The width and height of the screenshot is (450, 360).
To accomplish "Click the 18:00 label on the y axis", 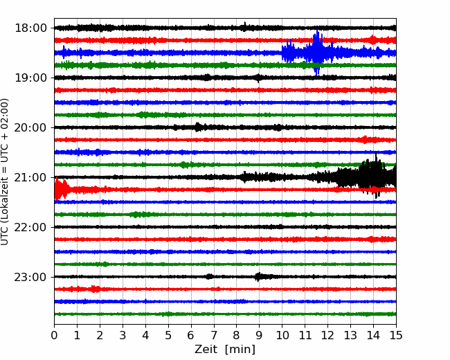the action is coord(30,28).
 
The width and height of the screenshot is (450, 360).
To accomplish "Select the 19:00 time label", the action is coord(30,78).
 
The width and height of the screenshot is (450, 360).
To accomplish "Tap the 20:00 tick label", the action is coord(30,127).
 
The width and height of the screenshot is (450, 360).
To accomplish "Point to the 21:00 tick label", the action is coord(30,177).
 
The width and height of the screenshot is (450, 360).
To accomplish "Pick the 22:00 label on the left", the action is coord(30,227).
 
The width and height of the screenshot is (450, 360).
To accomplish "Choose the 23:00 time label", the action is coord(30,277).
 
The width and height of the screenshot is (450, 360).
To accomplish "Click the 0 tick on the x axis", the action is coord(54,335).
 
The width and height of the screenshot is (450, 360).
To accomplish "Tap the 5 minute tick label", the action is coord(168,335).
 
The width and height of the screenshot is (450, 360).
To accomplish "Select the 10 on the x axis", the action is coord(282,335).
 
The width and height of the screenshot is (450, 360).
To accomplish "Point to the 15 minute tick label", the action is coord(396,335).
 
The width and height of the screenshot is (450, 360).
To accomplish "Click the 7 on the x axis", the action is coord(214,335).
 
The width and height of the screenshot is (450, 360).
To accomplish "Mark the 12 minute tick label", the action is coord(327,335).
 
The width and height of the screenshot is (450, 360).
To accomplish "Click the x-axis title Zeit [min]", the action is coord(225,350).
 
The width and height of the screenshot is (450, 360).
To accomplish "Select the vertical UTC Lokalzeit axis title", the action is coord(5,172).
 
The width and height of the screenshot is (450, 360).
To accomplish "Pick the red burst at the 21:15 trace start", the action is coord(60,188).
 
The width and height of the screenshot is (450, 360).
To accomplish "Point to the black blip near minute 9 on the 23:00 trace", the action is coord(259,277).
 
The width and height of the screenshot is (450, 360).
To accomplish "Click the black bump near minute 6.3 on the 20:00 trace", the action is coord(198,127).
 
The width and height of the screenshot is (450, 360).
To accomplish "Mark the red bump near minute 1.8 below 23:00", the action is coord(95,289).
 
